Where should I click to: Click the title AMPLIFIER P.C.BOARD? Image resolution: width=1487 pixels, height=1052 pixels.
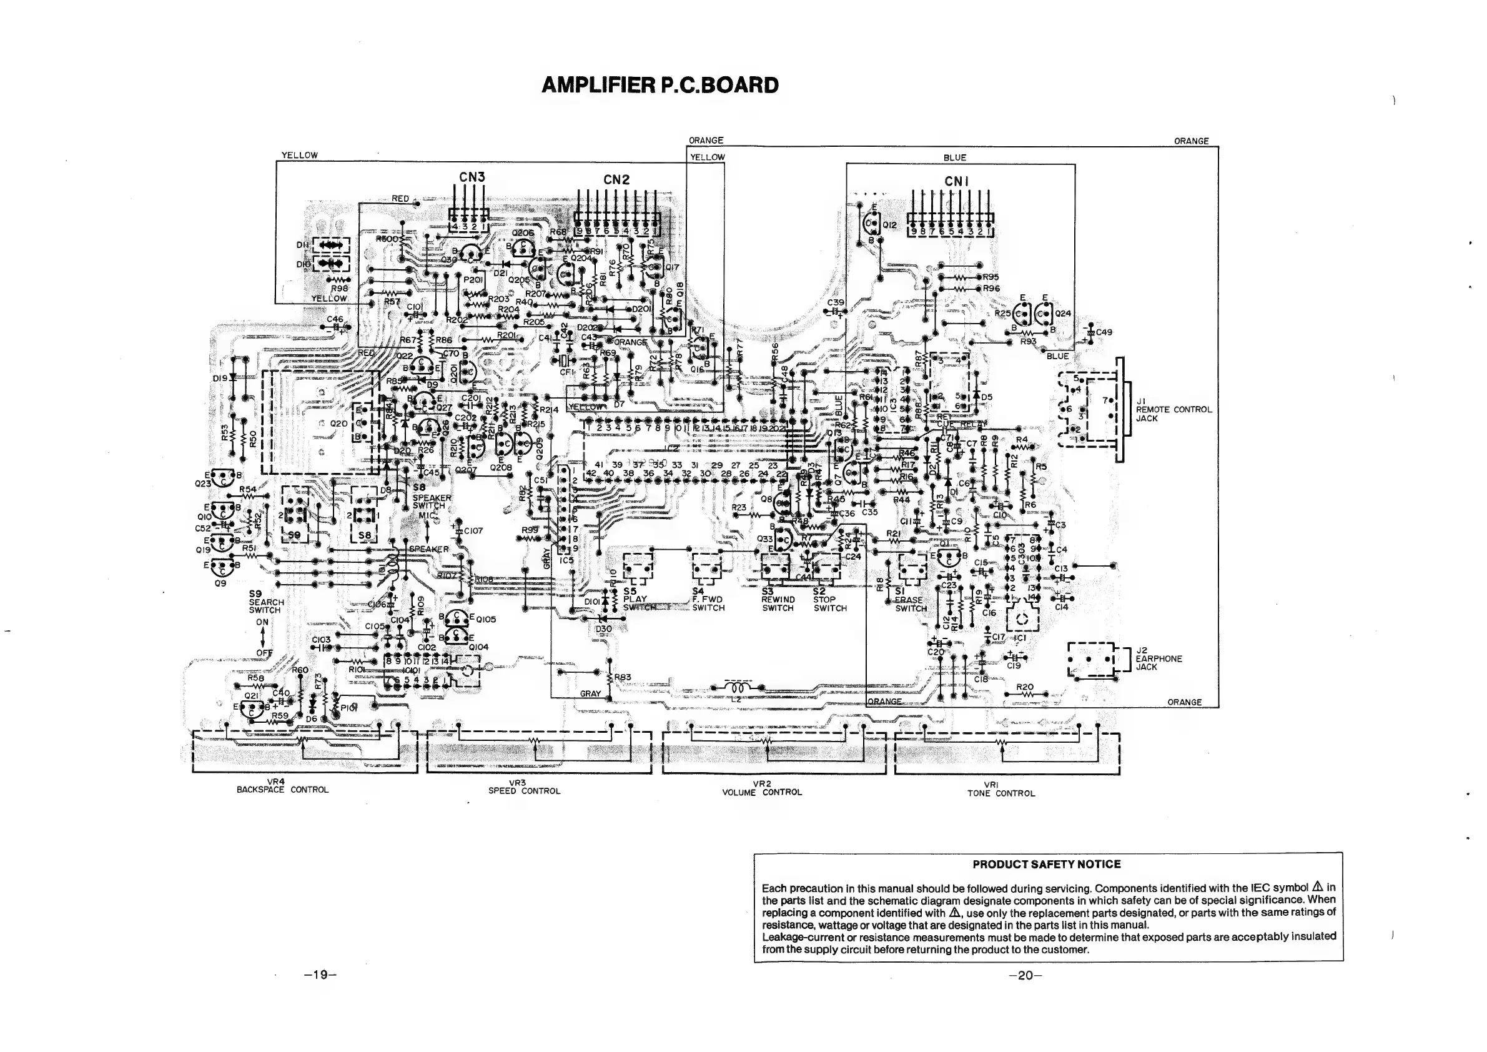(x=660, y=86)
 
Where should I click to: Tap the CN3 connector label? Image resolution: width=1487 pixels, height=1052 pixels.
(x=472, y=177)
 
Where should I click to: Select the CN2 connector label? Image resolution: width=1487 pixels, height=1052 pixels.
(x=616, y=179)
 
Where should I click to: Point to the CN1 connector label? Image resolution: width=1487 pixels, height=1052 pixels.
(x=956, y=181)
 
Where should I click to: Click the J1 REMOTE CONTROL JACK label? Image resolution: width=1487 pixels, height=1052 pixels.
(x=1173, y=409)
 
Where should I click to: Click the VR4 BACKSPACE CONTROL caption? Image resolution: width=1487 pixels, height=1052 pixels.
(x=282, y=786)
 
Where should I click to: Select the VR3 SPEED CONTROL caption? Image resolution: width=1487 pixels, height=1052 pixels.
(x=524, y=787)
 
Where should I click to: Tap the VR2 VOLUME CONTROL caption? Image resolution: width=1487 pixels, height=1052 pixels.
(x=762, y=788)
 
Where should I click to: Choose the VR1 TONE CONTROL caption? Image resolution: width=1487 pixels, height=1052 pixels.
(x=1000, y=789)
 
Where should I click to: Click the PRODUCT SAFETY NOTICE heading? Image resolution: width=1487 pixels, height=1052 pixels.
(x=1047, y=864)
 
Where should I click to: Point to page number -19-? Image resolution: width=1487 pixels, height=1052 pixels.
(x=320, y=975)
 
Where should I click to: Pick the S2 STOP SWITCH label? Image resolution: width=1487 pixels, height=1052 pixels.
(x=829, y=600)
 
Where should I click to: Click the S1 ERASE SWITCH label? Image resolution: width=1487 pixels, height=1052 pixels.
(x=909, y=600)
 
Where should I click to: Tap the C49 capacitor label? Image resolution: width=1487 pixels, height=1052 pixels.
(x=1104, y=332)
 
